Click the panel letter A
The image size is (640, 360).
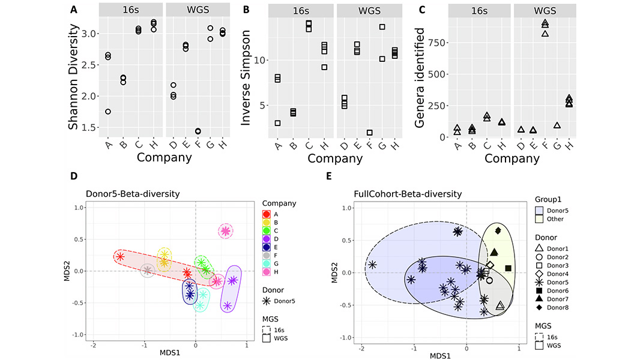(x=73, y=10)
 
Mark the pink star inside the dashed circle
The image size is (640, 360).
(x=225, y=231)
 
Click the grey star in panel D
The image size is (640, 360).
(x=147, y=271)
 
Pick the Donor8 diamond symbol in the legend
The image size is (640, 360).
(x=539, y=308)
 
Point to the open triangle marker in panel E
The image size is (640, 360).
(x=500, y=306)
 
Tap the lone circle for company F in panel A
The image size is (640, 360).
(x=198, y=131)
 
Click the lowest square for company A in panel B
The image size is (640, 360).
(x=277, y=123)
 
